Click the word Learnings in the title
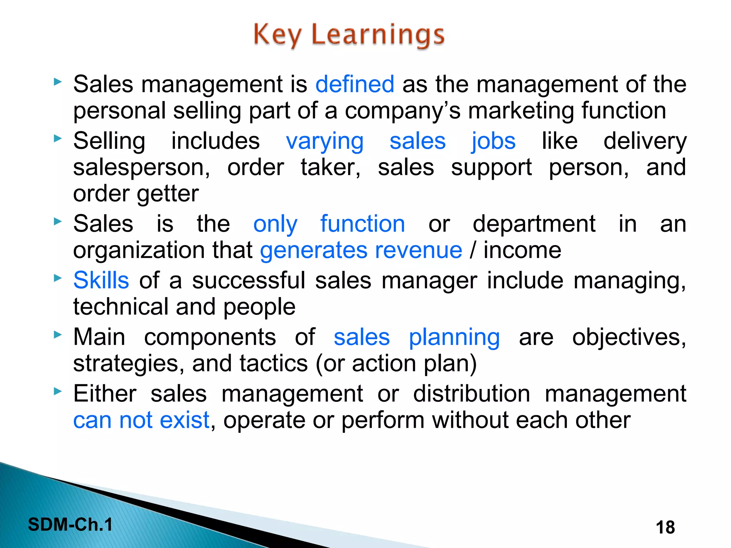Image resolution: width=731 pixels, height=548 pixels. (x=378, y=35)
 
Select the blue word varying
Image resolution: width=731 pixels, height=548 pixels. (x=324, y=141)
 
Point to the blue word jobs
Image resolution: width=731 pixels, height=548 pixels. (x=494, y=141)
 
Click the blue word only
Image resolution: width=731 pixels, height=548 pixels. (x=275, y=224)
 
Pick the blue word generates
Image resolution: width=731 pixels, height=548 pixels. (x=313, y=250)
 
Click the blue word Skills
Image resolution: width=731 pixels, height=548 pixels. (x=101, y=280)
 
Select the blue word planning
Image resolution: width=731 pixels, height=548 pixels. (x=454, y=338)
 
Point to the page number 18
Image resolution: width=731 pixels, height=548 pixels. (x=665, y=527)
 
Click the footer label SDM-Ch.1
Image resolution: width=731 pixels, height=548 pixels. (x=70, y=524)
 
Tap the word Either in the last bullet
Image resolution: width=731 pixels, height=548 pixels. (x=105, y=394)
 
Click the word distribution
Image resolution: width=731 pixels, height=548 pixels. (x=472, y=394)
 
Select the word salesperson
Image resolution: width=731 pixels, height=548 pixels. (x=141, y=168)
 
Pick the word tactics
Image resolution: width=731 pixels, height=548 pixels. (x=273, y=364)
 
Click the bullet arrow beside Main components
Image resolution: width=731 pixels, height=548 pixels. (x=58, y=335)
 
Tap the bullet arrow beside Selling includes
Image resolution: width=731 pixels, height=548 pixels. (x=58, y=138)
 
